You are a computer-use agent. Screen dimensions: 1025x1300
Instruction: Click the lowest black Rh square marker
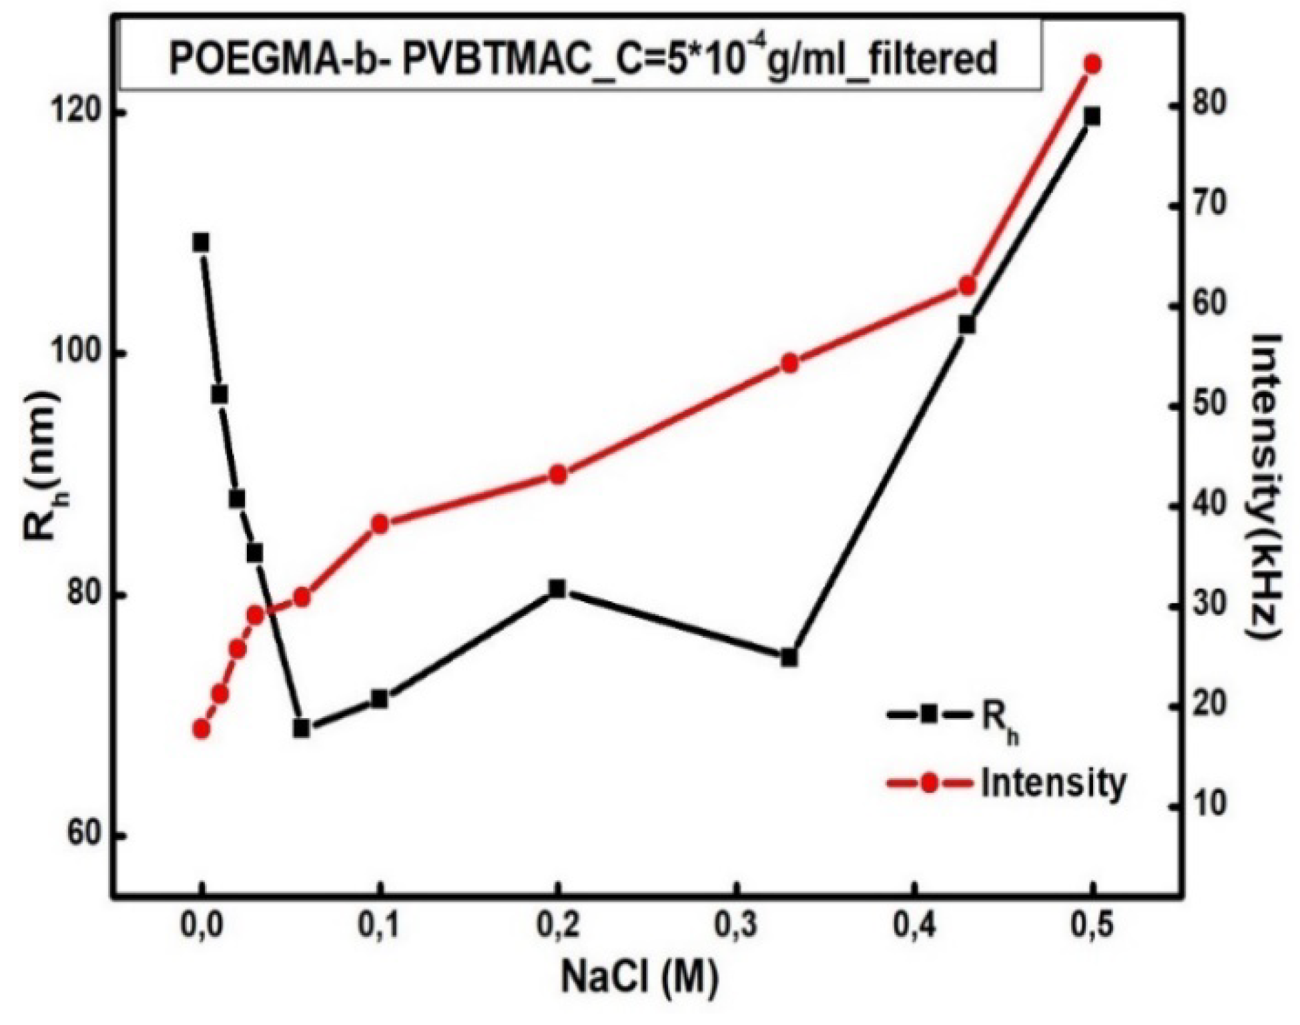302,728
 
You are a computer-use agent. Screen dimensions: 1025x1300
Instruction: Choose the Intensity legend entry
1006,783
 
